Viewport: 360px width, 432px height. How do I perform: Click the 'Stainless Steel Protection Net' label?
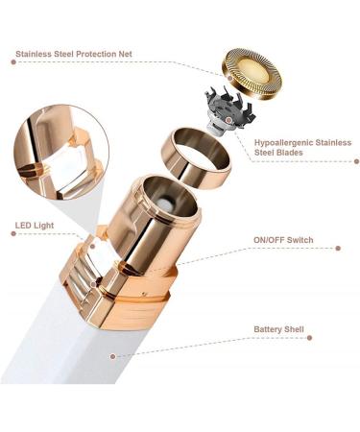[x=74, y=54]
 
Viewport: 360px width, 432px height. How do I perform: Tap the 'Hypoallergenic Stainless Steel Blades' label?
[x=302, y=147]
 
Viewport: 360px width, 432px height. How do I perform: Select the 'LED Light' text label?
[x=35, y=226]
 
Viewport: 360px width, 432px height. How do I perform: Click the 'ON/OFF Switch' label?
[x=283, y=240]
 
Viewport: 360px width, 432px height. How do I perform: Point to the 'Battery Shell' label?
[x=278, y=329]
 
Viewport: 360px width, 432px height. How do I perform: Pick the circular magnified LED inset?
[x=61, y=153]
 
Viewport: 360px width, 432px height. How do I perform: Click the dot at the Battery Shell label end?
[x=309, y=338]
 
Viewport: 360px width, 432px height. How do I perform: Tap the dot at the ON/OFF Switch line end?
[x=338, y=248]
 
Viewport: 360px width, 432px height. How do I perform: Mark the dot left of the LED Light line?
[x=13, y=233]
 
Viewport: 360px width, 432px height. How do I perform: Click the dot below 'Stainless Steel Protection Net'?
[x=13, y=61]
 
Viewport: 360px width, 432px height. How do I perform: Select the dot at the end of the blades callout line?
[x=357, y=161]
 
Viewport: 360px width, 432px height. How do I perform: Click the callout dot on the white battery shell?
[x=112, y=356]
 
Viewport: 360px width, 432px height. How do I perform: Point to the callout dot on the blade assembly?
[x=228, y=120]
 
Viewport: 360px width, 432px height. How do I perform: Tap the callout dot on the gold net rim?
[x=229, y=78]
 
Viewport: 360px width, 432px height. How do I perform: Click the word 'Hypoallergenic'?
[x=283, y=143]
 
